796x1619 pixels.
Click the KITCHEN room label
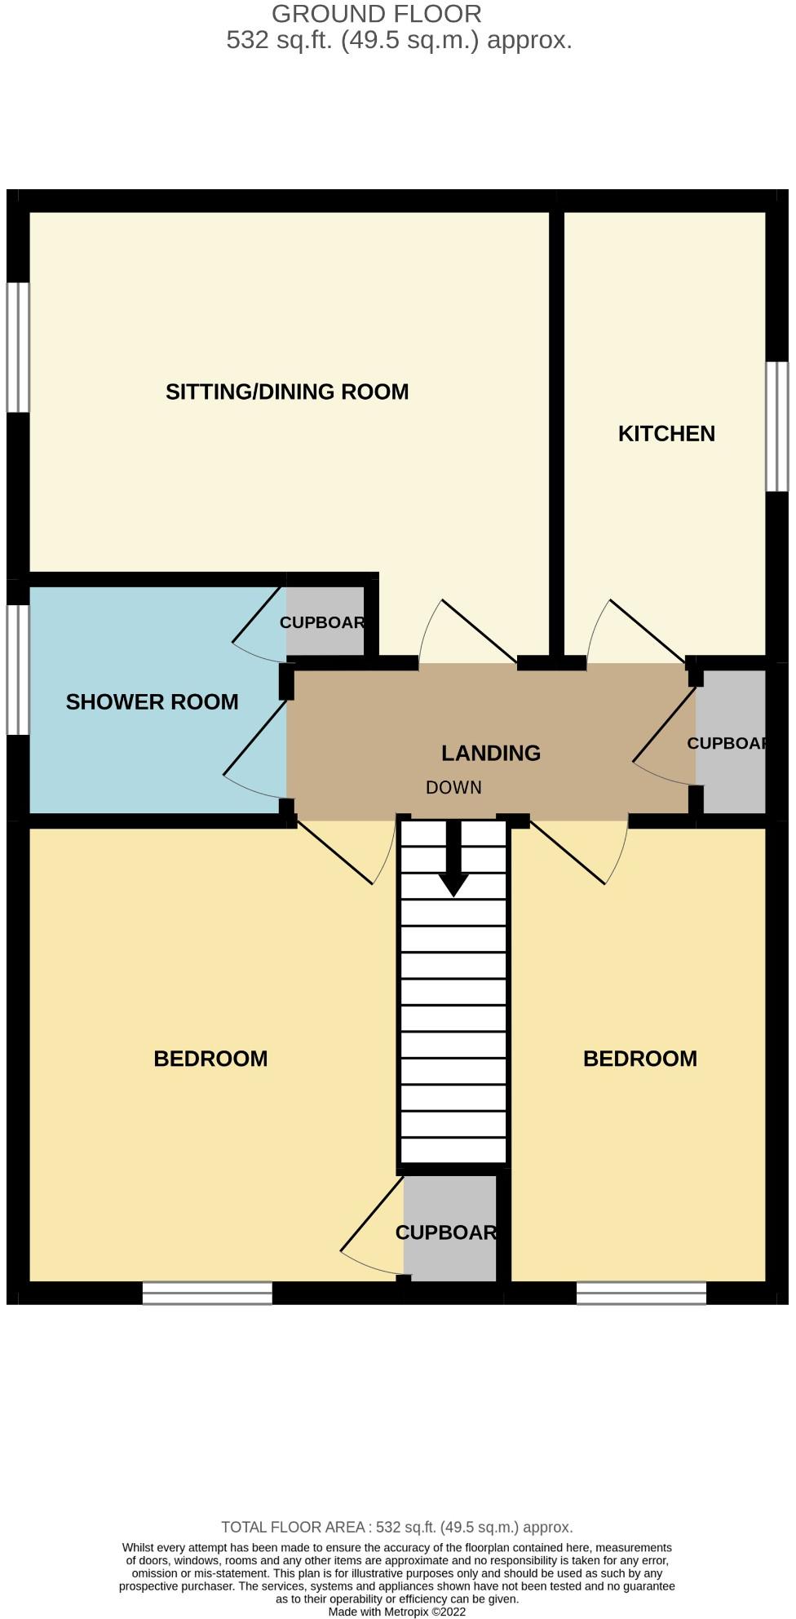pos(666,433)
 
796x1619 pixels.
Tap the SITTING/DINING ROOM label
pos(287,391)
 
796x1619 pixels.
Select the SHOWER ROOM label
pos(152,702)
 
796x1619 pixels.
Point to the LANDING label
pos(490,753)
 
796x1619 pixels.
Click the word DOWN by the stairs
pos(453,788)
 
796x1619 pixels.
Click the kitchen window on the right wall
pos(776,427)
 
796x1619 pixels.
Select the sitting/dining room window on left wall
pos(18,347)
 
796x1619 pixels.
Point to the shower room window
pos(18,670)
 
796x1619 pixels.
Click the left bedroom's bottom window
pos(207,1294)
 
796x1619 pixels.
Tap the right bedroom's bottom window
pos(641,1294)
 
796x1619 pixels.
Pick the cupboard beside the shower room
pos(325,622)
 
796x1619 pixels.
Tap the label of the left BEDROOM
pos(210,1059)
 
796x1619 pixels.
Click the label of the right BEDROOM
pos(640,1059)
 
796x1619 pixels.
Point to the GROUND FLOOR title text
pos(376,14)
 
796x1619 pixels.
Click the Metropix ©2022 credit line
pos(397,1612)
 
